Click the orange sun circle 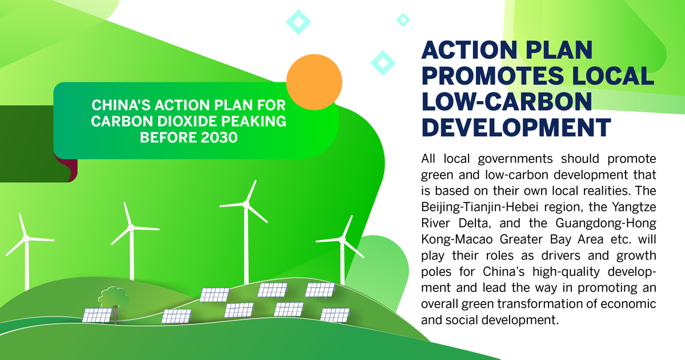click(x=314, y=82)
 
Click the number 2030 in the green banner click(x=219, y=138)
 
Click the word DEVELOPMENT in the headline click(x=516, y=127)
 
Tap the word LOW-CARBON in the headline click(x=506, y=101)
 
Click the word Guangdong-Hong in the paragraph click(x=606, y=223)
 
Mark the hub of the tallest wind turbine click(x=246, y=205)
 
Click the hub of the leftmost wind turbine click(x=26, y=238)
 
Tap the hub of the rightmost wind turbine click(x=342, y=240)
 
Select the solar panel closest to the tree click(x=98, y=315)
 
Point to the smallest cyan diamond click(x=403, y=19)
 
